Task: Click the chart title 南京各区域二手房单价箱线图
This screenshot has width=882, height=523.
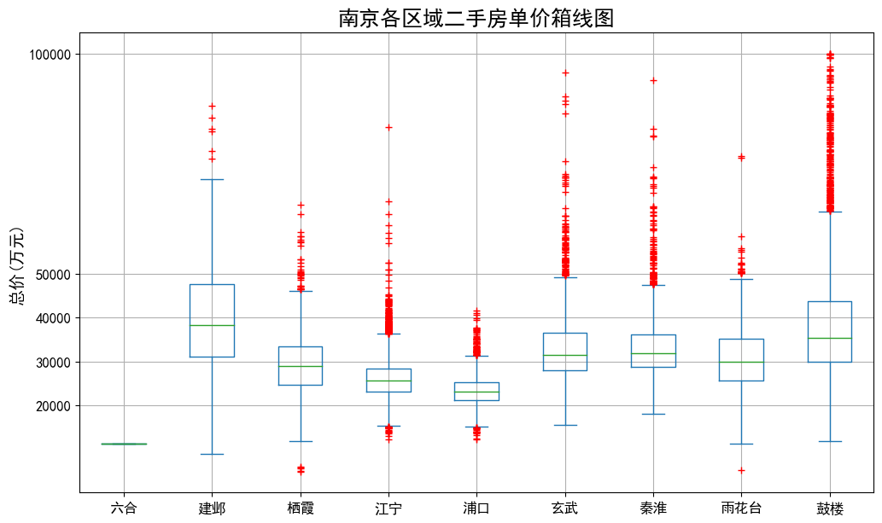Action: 476,18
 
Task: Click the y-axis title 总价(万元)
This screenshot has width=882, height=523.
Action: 17,266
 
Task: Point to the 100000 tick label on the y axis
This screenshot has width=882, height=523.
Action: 50,55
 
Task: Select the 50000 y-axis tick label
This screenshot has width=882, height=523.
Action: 53,275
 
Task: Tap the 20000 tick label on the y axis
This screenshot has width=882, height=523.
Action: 53,406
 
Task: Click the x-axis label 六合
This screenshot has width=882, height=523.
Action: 124,508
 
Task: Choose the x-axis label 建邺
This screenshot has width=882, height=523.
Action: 212,508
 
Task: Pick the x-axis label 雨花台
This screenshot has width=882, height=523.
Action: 741,508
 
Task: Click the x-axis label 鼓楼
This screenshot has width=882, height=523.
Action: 829,508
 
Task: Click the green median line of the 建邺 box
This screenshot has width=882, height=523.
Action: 212,325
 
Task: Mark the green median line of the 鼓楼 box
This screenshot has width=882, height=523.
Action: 829,338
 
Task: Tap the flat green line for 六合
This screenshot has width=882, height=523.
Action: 124,444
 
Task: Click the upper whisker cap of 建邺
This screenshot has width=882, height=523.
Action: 212,179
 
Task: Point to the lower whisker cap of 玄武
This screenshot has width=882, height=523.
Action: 564,425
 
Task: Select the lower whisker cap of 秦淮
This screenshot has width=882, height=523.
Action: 653,414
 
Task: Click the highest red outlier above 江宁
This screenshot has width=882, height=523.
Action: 388,127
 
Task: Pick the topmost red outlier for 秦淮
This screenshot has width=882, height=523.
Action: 653,80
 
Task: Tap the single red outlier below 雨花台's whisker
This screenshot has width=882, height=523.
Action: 741,470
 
